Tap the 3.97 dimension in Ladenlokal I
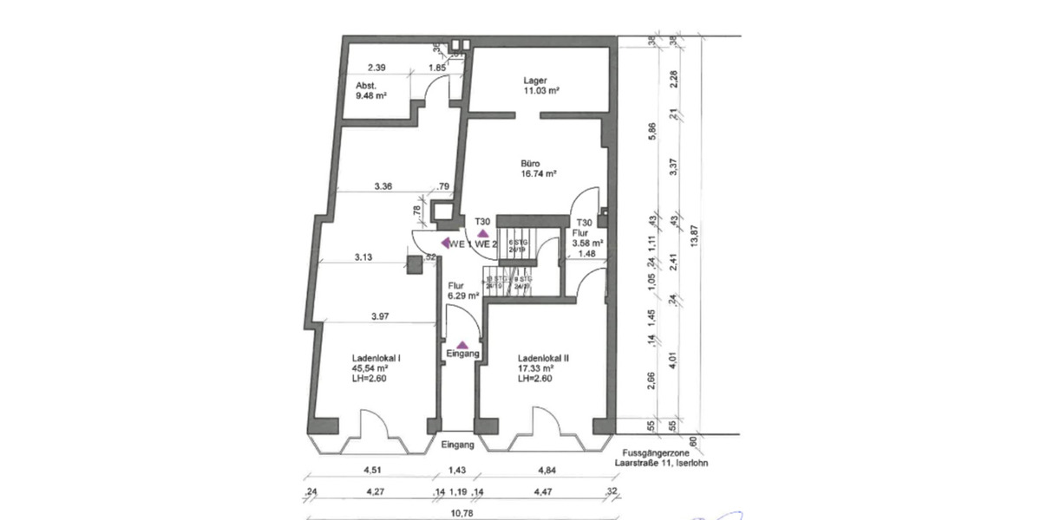click(x=378, y=316)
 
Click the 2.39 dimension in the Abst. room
click(x=376, y=68)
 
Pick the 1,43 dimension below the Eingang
click(x=455, y=472)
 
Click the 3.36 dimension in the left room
click(x=384, y=185)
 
